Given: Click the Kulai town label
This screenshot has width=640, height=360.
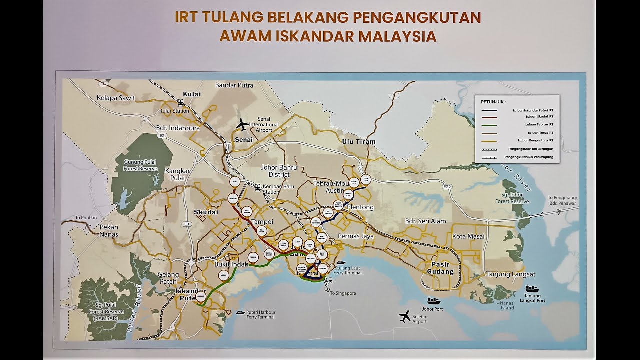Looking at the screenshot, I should coord(192,94).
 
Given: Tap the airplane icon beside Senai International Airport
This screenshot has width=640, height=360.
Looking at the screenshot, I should coord(242,124).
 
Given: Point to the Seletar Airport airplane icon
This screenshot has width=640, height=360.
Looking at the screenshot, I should coord(405,316).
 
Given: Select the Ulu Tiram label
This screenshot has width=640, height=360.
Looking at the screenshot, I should coord(358,142).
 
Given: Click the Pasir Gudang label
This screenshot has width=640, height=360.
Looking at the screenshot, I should coord(440,268).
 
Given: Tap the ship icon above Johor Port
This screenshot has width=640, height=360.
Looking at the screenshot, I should coord(433,300).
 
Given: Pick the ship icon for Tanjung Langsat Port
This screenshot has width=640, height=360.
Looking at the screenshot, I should coord(532,288).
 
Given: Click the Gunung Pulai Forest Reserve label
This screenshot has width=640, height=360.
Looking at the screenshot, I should coord(140,165).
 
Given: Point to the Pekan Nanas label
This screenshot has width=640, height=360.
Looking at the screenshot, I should coord(109,231).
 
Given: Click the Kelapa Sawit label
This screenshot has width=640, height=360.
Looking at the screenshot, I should coord(116,98).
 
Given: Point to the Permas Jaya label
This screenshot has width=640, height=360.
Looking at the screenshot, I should coord(356,236).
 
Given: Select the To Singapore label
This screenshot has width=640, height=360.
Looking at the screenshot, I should coord(343,293).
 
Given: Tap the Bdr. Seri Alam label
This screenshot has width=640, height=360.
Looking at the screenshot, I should coord(425,221).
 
